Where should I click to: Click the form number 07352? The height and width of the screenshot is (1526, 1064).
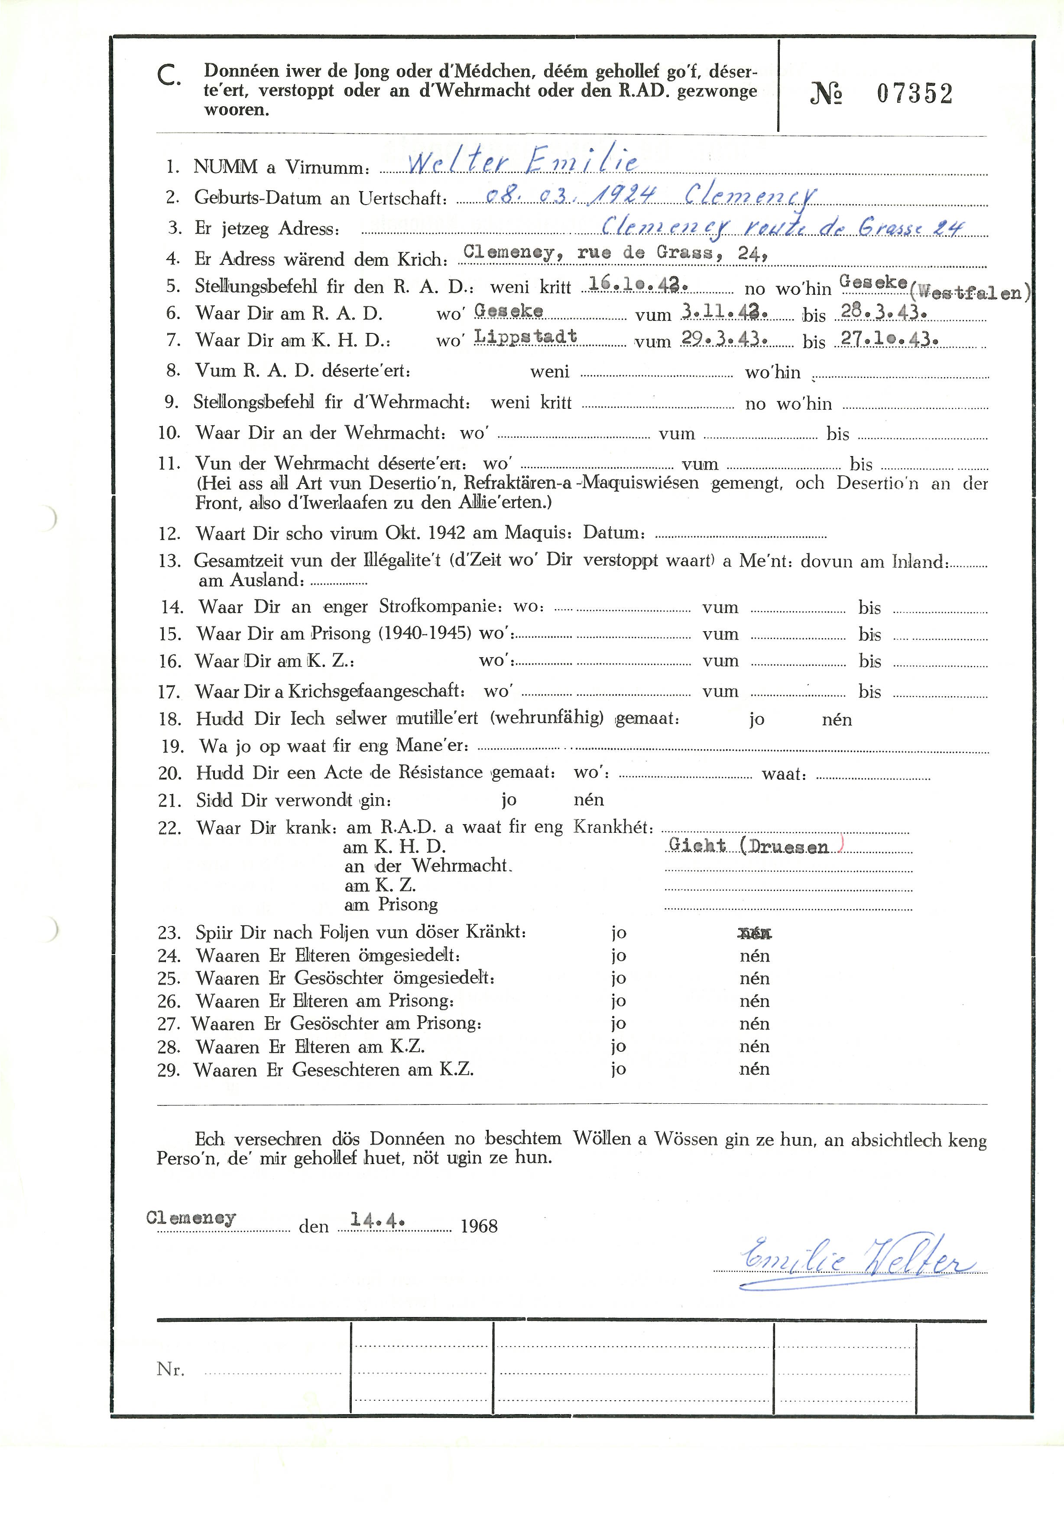pyautogui.click(x=914, y=94)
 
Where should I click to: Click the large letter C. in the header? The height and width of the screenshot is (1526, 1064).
pyautogui.click(x=169, y=76)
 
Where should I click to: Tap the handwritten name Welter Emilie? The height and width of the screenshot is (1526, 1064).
pyautogui.click(x=522, y=162)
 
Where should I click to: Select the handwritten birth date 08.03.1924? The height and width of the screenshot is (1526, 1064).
pyautogui.click(x=571, y=194)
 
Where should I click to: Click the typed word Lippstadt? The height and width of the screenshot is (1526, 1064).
pyautogui.click(x=526, y=336)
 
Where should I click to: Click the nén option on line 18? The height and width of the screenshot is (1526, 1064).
pyautogui.click(x=836, y=719)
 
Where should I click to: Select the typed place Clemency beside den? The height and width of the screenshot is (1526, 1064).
pyautogui.click(x=191, y=1218)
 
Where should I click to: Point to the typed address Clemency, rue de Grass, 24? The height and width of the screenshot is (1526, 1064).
pyautogui.click(x=616, y=253)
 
